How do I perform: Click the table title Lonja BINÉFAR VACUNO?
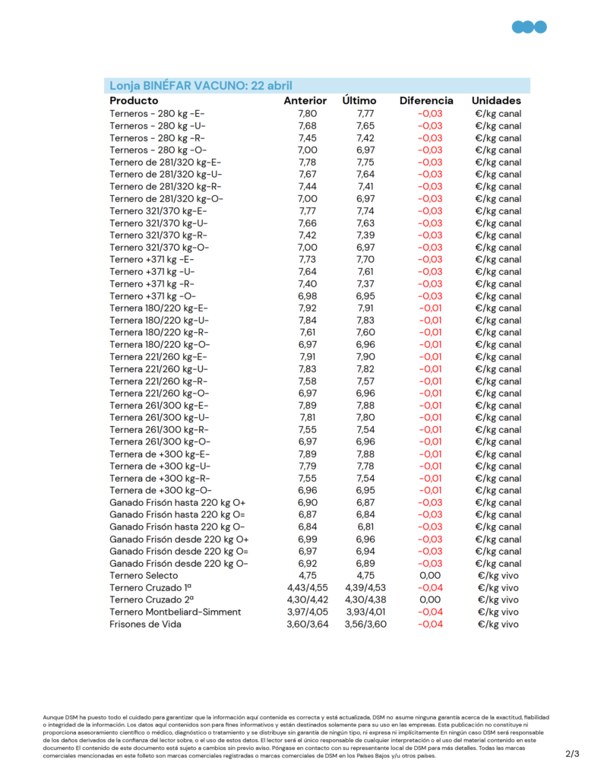tap(201, 86)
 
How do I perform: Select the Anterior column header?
tap(305, 101)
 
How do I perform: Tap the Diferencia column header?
tap(426, 101)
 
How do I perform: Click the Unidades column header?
tap(496, 101)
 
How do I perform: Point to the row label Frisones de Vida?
tap(145, 625)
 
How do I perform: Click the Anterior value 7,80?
tap(307, 114)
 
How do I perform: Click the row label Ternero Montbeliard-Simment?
tap(175, 612)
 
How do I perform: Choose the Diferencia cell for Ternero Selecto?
tap(430, 576)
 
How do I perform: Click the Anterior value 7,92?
tap(307, 308)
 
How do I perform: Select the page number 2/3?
tap(572, 754)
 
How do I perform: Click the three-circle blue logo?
tap(529, 27)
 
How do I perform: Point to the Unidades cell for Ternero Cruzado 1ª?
tap(498, 588)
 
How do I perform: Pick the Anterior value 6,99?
tap(307, 539)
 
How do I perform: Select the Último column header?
tap(359, 101)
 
